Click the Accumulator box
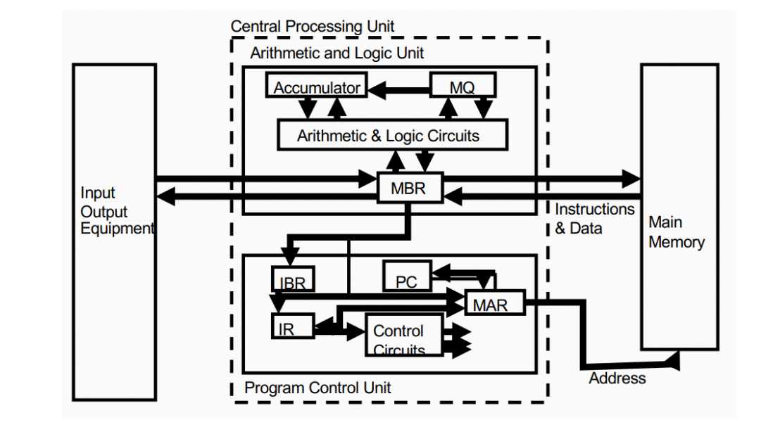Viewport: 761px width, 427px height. click(x=316, y=87)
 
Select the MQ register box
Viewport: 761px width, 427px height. click(x=463, y=87)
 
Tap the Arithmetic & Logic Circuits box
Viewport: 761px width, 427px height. click(x=391, y=135)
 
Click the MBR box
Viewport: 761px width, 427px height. click(x=408, y=188)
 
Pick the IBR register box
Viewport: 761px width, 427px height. click(x=293, y=280)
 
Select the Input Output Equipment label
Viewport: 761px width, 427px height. click(x=114, y=211)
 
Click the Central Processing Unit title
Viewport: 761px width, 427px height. click(x=313, y=27)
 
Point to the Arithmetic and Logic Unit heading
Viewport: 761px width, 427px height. click(x=337, y=53)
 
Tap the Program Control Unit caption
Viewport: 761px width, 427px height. click(x=317, y=388)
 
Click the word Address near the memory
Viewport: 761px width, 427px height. click(x=617, y=378)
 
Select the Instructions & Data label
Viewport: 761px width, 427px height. click(x=593, y=219)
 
